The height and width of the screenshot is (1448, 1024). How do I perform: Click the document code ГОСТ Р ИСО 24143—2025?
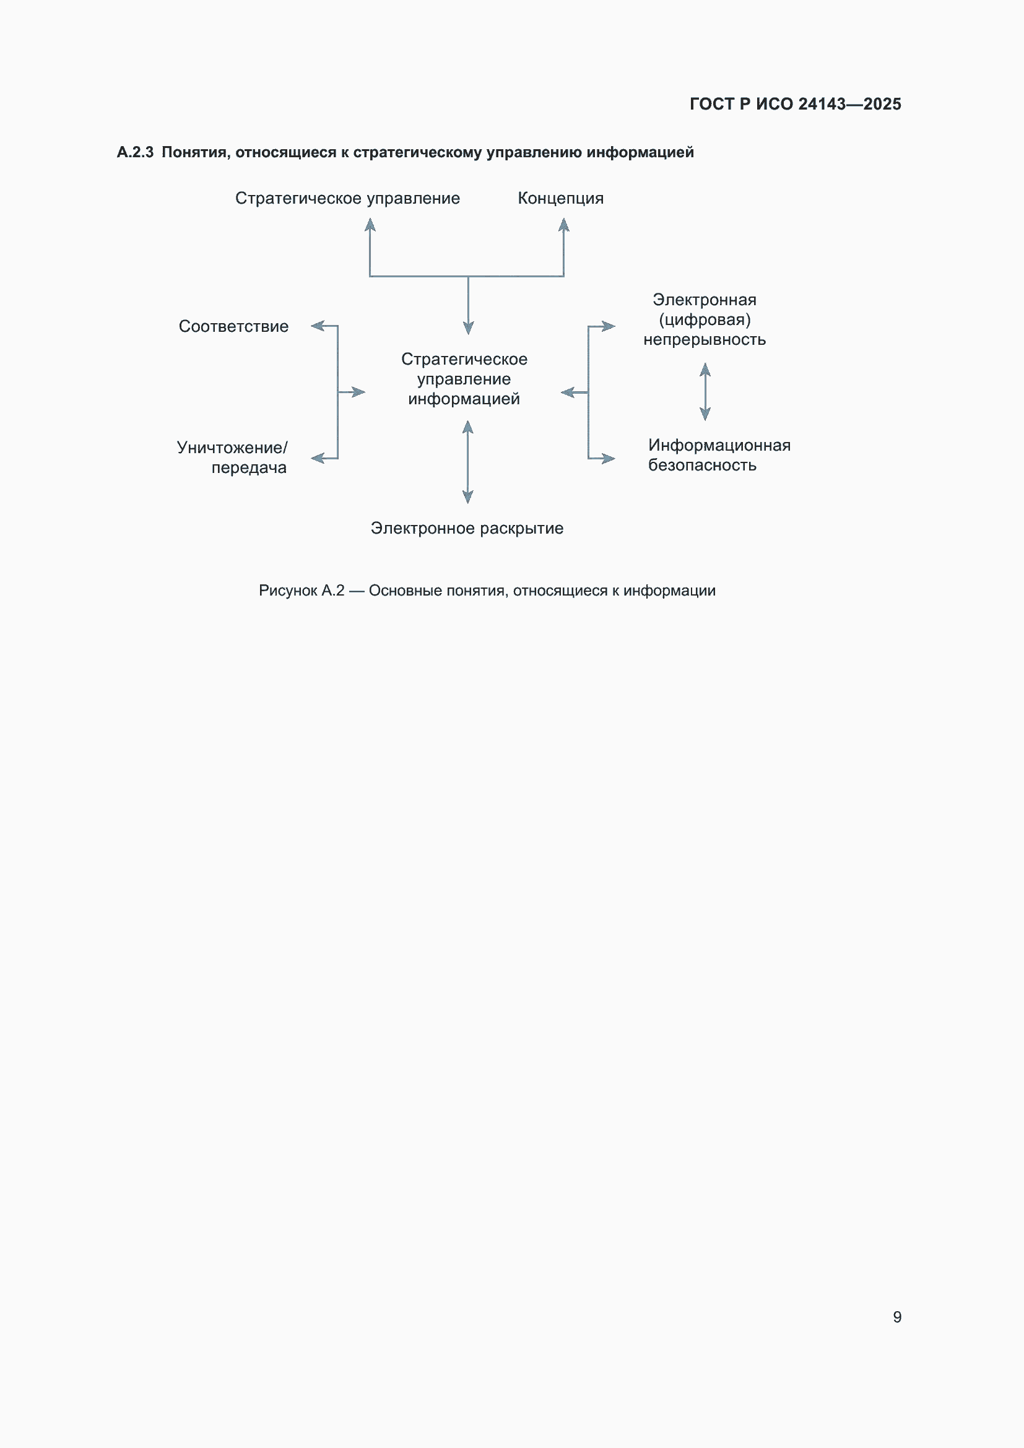pos(795,104)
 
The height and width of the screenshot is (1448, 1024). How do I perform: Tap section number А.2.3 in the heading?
pos(135,152)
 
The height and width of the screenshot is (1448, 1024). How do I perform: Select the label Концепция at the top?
pos(560,199)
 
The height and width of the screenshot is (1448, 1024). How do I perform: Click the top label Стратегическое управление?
pos(347,199)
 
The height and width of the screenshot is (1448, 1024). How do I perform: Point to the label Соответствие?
pos(233,326)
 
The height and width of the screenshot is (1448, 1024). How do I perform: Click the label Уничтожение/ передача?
pos(232,457)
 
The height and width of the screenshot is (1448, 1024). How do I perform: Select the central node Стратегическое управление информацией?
pos(465,378)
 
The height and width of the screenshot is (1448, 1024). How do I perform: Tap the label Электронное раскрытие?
pos(467,528)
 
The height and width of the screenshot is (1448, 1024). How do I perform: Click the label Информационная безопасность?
pos(719,455)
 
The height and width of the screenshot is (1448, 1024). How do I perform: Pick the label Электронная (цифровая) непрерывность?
pos(705,319)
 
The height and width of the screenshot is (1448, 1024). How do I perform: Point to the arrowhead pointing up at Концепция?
pos(564,225)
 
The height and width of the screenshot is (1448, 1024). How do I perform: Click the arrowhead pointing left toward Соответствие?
pos(318,326)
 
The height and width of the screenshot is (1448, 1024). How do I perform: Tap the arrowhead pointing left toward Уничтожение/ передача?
pos(318,459)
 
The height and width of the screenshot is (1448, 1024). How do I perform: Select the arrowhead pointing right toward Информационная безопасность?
pos(609,459)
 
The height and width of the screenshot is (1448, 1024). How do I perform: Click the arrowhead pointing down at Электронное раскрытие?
pos(468,497)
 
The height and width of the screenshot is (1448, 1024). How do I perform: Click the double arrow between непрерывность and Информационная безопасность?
pos(706,392)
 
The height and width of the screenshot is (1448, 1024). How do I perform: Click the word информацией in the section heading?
pos(640,153)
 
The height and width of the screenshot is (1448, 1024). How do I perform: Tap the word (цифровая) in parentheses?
pos(705,319)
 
